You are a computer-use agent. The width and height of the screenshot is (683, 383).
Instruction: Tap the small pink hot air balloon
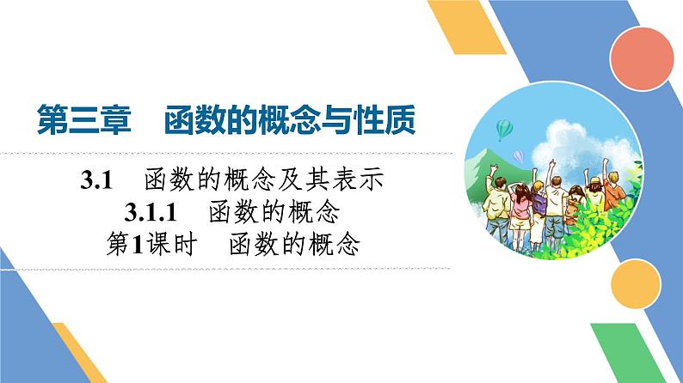click(x=518, y=155)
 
